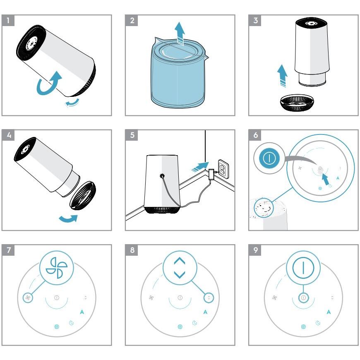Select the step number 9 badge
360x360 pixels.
pos(255,250)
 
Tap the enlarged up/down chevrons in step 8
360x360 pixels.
pos(179,267)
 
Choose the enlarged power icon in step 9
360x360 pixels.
pos(303,267)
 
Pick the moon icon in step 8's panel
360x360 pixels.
pos(194,322)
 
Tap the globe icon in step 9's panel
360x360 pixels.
pos(303,326)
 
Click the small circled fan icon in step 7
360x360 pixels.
pos(28,298)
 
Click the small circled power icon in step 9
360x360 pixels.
pos(303,298)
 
